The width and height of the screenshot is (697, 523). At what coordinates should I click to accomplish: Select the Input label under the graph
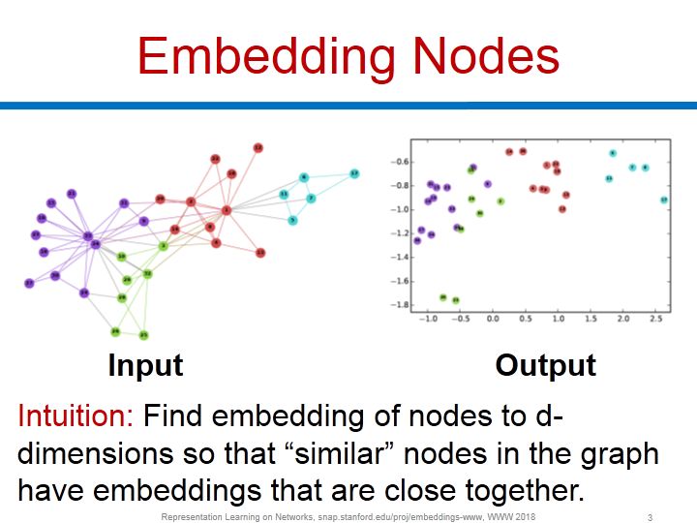click(145, 365)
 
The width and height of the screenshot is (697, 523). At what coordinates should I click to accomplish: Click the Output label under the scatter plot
click(546, 365)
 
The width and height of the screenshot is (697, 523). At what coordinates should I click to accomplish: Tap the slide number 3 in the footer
click(650, 516)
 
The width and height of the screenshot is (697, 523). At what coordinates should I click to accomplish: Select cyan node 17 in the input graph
click(354, 173)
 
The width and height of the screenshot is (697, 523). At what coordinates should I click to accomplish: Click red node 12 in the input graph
click(258, 147)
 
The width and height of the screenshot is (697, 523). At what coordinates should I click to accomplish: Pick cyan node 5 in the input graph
click(292, 221)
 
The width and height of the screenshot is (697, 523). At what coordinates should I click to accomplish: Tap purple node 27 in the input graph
click(29, 283)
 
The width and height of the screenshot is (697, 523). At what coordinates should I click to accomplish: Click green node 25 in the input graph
click(143, 335)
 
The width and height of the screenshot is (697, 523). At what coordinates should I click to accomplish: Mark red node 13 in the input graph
click(260, 253)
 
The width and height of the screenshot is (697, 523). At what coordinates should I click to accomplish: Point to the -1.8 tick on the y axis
click(397, 305)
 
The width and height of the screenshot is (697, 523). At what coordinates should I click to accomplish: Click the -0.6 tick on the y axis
click(397, 162)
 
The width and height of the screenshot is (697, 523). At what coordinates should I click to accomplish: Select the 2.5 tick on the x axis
click(656, 318)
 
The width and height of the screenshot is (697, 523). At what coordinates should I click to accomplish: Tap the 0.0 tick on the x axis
click(493, 318)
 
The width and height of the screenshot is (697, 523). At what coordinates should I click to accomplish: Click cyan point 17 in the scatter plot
click(664, 200)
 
